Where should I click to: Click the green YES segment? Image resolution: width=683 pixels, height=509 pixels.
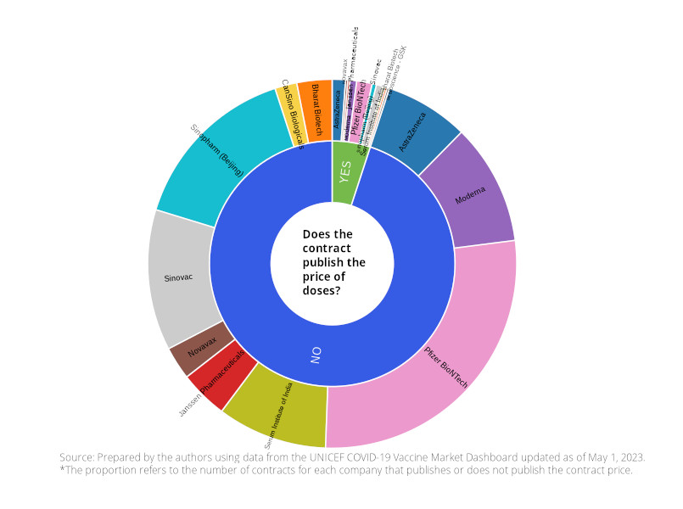[x=344, y=171]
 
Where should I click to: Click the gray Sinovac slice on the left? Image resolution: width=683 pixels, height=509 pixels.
[x=179, y=277]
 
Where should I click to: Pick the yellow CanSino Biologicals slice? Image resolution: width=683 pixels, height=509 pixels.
[x=289, y=114]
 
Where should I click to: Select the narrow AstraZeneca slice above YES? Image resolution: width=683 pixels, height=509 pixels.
[x=338, y=110]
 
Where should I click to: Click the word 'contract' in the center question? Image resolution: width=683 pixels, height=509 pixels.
[x=327, y=249]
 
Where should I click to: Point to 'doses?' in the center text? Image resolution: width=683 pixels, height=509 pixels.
[x=322, y=291]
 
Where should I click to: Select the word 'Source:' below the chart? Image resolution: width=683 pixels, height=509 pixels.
[x=78, y=456]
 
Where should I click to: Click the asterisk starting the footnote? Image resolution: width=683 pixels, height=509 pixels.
[x=62, y=468]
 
